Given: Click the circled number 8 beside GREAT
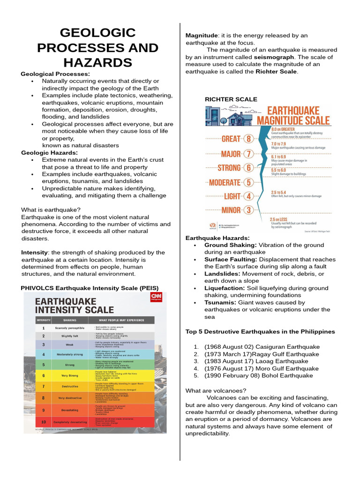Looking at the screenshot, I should click(x=248, y=139).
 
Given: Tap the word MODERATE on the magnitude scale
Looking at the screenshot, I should click(x=224, y=182).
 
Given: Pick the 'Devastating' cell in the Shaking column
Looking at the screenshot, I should click(x=69, y=410).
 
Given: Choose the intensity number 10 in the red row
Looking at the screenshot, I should click(x=43, y=422).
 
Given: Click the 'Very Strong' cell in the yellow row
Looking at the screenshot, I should click(x=69, y=375).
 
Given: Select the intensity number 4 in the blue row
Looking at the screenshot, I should click(x=43, y=354).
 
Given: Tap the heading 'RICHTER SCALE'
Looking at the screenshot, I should click(x=231, y=99).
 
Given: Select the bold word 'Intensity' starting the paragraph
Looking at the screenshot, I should click(x=35, y=252).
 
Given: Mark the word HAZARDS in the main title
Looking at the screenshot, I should click(x=85, y=62).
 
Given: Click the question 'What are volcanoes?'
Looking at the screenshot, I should click(x=216, y=390).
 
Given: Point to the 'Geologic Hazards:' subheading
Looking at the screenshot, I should click(x=50, y=152).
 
